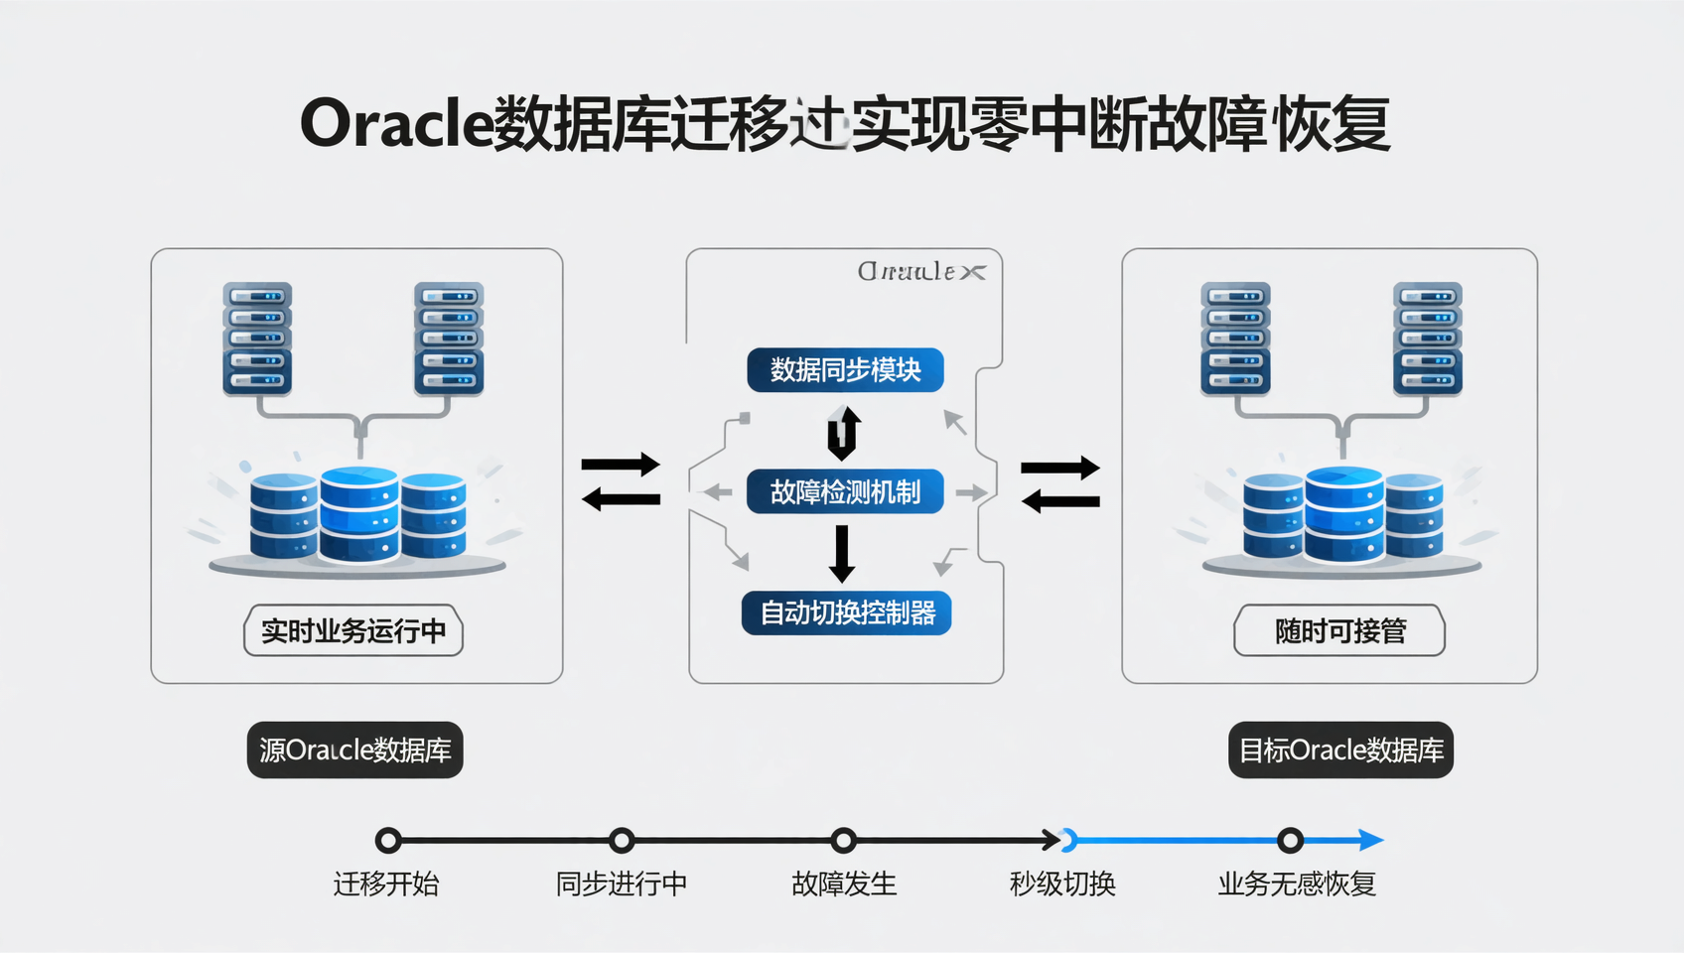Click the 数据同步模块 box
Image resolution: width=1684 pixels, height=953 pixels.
[x=845, y=370]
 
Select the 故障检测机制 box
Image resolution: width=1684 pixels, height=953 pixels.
[x=845, y=491]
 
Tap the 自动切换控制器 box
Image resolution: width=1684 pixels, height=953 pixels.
[x=847, y=613]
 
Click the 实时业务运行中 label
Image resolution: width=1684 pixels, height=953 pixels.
[x=353, y=631]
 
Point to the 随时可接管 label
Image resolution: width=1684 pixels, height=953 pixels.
[x=1339, y=631]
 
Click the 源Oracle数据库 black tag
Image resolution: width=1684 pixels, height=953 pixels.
[x=354, y=750]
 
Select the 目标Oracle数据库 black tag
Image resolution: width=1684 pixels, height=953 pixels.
[x=1340, y=750]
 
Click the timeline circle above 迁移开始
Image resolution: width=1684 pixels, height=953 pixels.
[x=388, y=841]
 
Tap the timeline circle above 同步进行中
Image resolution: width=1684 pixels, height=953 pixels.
[x=622, y=841]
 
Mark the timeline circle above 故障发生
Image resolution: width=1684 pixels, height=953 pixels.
[x=843, y=841]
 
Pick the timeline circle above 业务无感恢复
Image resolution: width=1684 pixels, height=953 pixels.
[x=1290, y=841]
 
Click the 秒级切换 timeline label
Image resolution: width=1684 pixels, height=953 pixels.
[x=1062, y=884]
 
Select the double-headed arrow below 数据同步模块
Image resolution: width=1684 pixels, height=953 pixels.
[x=843, y=433]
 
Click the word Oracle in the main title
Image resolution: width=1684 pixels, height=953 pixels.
[x=396, y=125]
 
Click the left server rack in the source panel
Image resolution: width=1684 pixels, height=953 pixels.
[x=257, y=339]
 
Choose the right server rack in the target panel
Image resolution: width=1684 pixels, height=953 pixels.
[x=1428, y=339]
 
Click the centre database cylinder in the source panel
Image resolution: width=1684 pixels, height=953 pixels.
[x=359, y=514]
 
